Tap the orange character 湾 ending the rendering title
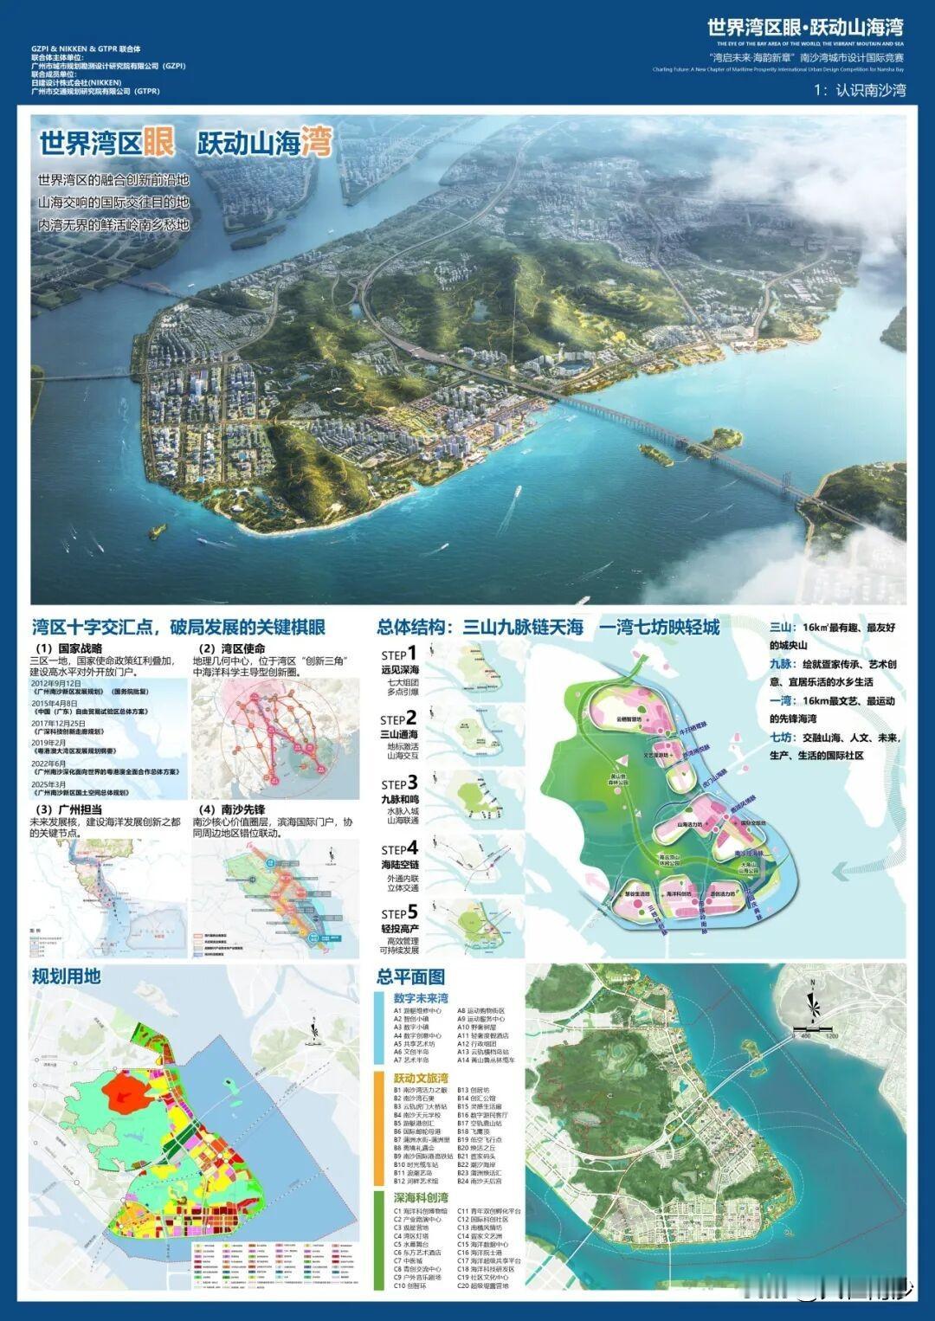point(317,142)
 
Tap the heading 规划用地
point(67,976)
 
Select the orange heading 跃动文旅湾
point(421,1079)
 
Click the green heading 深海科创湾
point(421,1198)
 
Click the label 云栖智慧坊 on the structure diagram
point(629,718)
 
